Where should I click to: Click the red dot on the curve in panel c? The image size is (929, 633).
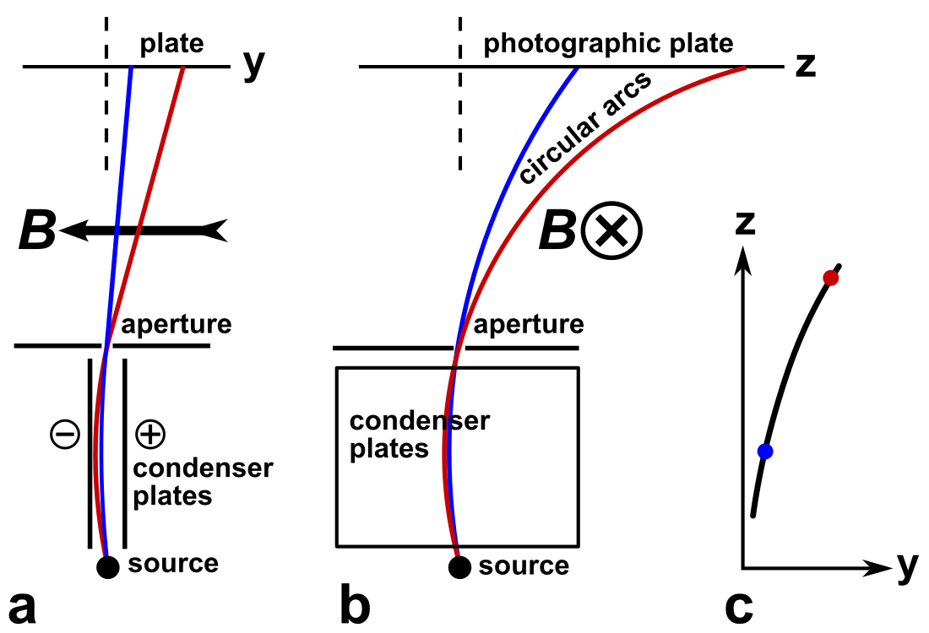point(831,278)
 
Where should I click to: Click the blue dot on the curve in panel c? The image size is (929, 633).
point(765,451)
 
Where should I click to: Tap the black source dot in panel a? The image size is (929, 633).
point(107,567)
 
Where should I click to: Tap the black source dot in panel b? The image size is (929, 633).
point(459,567)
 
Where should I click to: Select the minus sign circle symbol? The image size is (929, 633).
point(66,435)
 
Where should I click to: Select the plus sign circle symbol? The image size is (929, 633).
point(149,435)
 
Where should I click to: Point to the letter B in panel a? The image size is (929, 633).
point(36,230)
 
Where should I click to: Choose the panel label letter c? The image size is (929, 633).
point(739,608)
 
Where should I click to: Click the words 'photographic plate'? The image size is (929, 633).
point(608,43)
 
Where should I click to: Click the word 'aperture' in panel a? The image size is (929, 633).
point(175,324)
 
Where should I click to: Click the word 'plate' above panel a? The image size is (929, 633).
point(172,43)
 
